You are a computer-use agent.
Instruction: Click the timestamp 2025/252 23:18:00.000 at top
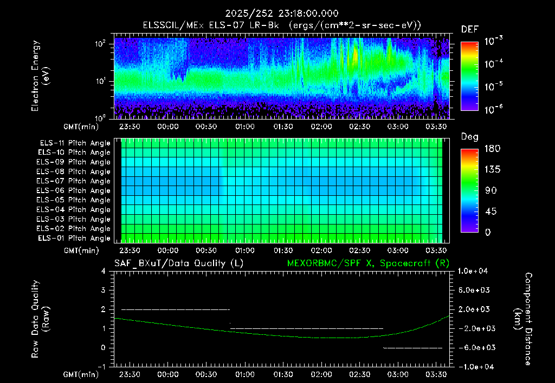click(282, 14)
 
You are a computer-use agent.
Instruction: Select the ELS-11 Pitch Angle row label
click(75, 143)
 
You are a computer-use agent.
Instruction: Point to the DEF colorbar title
click(470, 29)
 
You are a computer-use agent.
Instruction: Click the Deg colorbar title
click(470, 137)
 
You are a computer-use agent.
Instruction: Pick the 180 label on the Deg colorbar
click(492, 149)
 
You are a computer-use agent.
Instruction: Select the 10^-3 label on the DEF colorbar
click(493, 41)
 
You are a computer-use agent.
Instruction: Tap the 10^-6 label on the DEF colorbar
click(493, 109)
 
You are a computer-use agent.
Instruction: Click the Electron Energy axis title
click(40, 76)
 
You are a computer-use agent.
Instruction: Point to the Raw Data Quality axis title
click(40, 319)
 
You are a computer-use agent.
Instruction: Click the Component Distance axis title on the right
click(523, 319)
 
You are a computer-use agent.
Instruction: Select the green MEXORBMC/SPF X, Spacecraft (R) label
click(368, 263)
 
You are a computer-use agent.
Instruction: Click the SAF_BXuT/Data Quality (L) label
click(179, 263)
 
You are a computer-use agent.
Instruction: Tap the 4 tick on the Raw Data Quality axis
click(104, 271)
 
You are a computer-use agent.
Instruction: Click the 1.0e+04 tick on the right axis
click(473, 271)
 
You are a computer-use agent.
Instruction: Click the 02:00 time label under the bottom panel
click(321, 374)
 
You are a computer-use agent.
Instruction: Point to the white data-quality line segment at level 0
click(412, 348)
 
